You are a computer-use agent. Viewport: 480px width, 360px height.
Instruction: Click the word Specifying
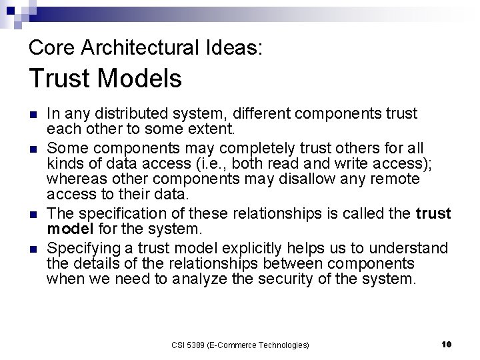coord(81,248)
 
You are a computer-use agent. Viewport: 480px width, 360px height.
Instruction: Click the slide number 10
coord(447,344)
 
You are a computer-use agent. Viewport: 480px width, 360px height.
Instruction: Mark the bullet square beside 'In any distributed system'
coord(33,114)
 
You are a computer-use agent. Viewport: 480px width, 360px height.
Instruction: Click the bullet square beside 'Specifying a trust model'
coord(33,249)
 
